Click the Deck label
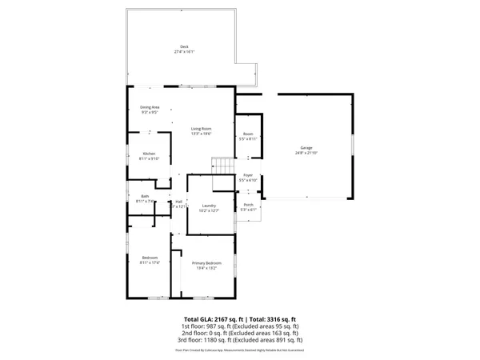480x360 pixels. click(x=185, y=46)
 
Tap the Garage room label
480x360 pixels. click(x=306, y=148)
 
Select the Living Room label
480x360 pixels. click(x=201, y=129)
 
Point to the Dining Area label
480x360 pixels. click(x=150, y=107)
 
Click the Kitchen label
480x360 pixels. click(x=150, y=154)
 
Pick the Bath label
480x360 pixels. click(x=145, y=196)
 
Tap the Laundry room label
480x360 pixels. click(x=210, y=206)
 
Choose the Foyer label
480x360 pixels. click(x=248, y=175)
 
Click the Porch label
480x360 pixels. click(x=248, y=205)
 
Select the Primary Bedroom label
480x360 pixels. click(x=206, y=263)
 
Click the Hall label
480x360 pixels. click(x=179, y=201)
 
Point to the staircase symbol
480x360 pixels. click(x=222, y=166)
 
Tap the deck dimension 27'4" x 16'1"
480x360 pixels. click(x=185, y=52)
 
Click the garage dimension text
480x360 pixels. click(x=306, y=153)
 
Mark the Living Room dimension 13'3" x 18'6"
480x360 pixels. click(x=201, y=134)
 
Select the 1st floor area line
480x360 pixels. click(x=239, y=327)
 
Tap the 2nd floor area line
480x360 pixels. click(x=239, y=334)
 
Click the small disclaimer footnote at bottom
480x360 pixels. click(x=239, y=350)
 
